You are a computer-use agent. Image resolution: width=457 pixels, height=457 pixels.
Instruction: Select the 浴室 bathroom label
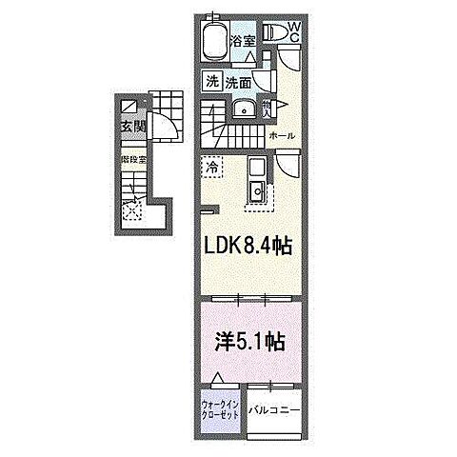click(244, 42)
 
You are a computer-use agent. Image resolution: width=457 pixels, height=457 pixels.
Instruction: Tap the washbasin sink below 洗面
click(243, 109)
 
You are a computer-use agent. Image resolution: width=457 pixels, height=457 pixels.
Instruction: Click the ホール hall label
click(282, 136)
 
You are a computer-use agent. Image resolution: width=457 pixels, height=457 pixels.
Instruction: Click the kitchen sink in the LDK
click(256, 194)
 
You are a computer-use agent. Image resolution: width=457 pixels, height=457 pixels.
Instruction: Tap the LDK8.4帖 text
click(244, 247)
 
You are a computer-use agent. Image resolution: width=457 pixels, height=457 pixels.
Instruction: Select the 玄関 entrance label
click(130, 125)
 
